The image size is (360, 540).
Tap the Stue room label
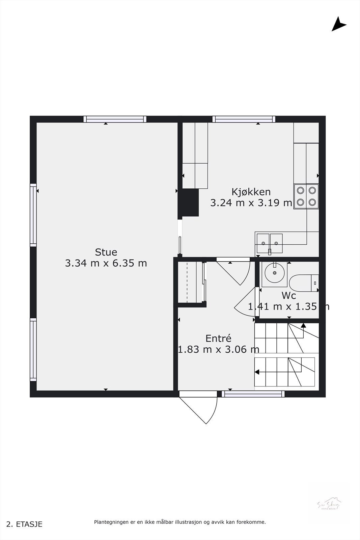(106, 252)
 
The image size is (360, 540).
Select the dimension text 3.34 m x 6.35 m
(106, 263)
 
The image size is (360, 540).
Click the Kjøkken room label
(251, 192)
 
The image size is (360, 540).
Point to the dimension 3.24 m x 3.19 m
(251, 203)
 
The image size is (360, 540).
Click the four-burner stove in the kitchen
(306, 196)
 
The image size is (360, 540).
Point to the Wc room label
(289, 296)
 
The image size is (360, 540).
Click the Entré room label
(218, 338)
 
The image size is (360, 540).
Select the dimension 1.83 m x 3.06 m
(218, 349)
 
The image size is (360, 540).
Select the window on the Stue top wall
(115, 119)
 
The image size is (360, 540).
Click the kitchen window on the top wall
(244, 119)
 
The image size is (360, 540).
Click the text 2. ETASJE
(25, 524)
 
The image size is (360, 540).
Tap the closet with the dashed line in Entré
(191, 282)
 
